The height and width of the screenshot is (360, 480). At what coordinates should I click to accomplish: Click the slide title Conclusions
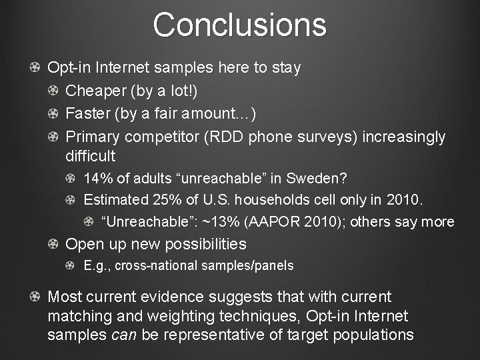239,25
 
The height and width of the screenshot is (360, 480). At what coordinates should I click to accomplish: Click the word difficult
91,157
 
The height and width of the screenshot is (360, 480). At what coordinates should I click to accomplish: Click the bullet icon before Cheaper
52,91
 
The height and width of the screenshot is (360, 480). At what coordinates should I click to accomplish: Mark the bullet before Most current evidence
33,297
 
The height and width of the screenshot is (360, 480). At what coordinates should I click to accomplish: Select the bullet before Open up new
52,244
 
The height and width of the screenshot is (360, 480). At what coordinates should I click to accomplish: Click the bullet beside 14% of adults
71,179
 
